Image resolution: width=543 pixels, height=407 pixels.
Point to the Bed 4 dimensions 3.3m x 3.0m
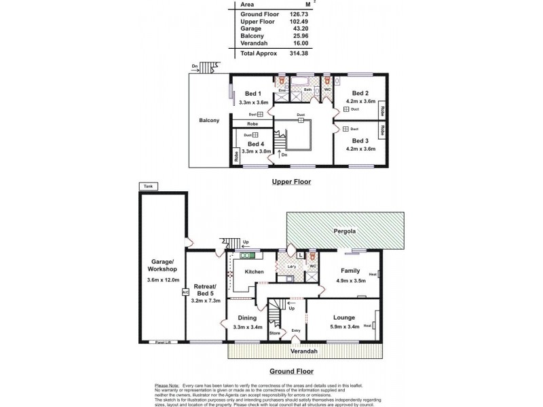pos(256,151)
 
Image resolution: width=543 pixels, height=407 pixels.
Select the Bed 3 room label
pos(360,139)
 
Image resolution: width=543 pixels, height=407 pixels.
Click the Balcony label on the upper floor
pos(209,121)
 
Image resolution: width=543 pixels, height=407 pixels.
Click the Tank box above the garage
pos(147,186)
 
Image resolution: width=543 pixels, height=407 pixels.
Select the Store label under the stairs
pos(275,333)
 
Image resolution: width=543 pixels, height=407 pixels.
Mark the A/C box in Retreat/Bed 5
pos(184,292)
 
